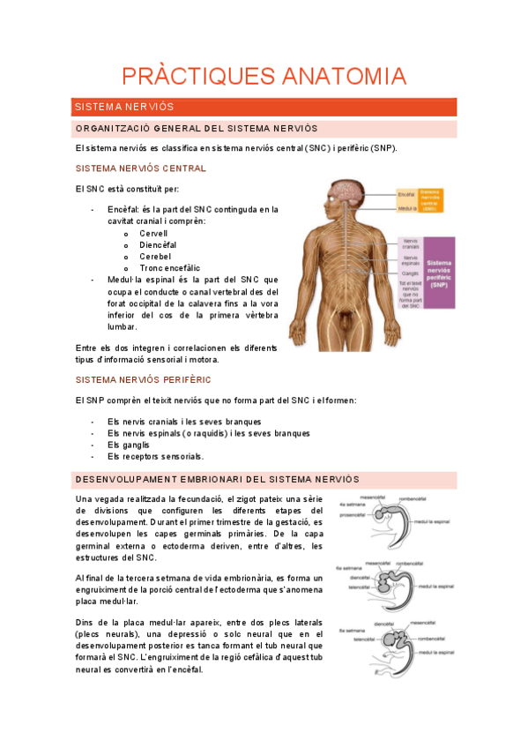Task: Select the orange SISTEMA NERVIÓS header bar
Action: pyautogui.click(x=264, y=107)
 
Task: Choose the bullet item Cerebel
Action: pyautogui.click(x=154, y=256)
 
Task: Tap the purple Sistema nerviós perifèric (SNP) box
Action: pyautogui.click(x=439, y=273)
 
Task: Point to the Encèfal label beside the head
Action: pyautogui.click(x=406, y=194)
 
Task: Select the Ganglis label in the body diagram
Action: pyautogui.click(x=410, y=273)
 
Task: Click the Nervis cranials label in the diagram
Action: pyautogui.click(x=411, y=243)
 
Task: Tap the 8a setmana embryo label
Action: pyautogui.click(x=351, y=632)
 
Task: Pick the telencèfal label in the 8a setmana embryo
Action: pyautogui.click(x=366, y=640)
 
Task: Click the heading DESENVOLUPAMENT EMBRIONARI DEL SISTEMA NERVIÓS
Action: pyautogui.click(x=218, y=479)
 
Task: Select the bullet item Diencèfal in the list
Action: pyautogui.click(x=158, y=244)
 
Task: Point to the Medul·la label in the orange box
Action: pyautogui.click(x=407, y=209)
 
